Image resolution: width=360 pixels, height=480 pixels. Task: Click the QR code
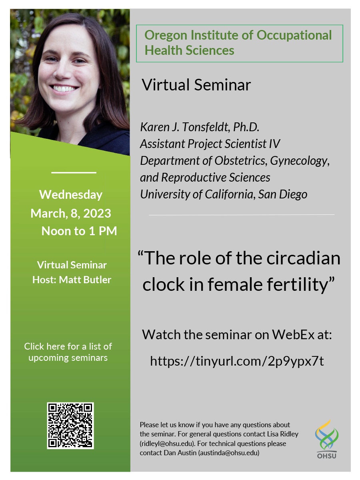(70, 426)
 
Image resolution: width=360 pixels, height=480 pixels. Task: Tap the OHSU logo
(326, 439)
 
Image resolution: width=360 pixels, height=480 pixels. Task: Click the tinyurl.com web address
(237, 361)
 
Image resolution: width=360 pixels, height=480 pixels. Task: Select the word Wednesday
(71, 195)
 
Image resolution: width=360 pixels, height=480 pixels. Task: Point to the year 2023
(97, 213)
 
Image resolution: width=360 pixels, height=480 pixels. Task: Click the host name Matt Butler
(85, 280)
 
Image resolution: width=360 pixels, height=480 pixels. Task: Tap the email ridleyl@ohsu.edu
(167, 443)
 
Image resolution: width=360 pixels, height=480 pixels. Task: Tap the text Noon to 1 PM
(79, 231)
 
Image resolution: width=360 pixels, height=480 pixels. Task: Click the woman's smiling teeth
(64, 88)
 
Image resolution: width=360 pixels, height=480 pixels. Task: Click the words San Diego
(283, 194)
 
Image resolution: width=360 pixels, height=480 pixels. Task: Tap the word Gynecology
(300, 161)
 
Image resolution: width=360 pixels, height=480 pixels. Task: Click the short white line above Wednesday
(74, 172)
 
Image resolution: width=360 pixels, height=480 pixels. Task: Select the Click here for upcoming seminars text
(68, 352)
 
